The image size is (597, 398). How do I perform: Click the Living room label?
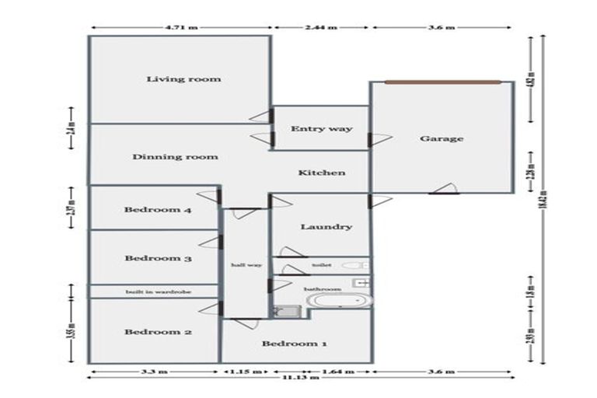point(184,79)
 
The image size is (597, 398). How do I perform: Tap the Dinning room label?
point(175,156)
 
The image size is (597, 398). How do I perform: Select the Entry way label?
point(321,128)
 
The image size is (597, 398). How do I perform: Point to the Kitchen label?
point(322,173)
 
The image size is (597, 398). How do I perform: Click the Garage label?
point(442,138)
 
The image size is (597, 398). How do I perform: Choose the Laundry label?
point(326,227)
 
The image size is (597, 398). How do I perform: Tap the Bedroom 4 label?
point(158,209)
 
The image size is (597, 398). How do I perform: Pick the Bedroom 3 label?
point(158,258)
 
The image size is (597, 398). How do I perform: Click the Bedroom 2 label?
point(158,332)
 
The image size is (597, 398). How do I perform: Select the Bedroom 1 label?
point(288,344)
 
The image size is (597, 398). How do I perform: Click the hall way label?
point(246,265)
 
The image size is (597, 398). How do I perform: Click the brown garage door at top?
point(442,82)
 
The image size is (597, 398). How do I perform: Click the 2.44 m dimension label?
point(322,27)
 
